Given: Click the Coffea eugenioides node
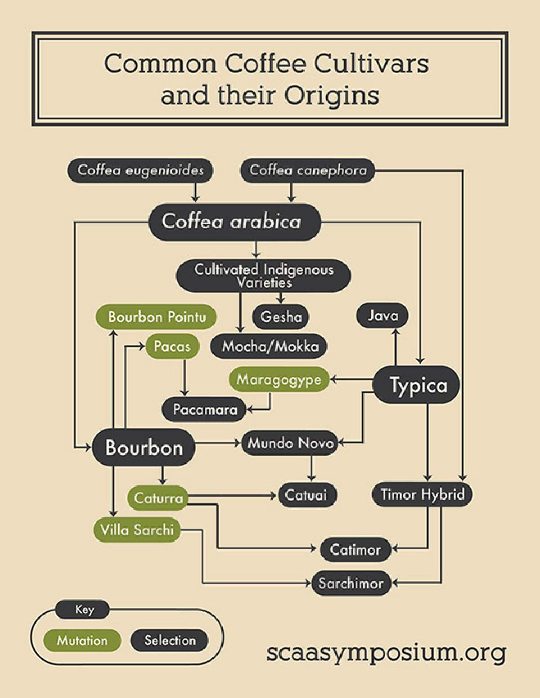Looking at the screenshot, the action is [140, 170].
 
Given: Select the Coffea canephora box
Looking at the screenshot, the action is [308, 170].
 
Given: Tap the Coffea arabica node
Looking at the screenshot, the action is [235, 222].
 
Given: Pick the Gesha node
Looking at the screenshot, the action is [281, 317].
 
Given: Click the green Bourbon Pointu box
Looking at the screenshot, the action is [156, 317].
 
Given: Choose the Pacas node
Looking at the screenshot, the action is [172, 347].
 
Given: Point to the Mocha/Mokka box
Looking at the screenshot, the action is [269, 347].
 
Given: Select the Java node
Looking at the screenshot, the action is [383, 316].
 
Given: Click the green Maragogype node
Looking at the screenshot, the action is [279, 379].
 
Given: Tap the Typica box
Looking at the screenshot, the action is [417, 384].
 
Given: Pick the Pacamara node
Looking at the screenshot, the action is [204, 409].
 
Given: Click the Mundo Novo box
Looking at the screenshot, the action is [289, 443].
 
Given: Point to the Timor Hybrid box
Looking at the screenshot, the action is [423, 494].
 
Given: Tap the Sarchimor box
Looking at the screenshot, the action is [351, 583].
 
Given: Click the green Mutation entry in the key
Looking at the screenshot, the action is [82, 640].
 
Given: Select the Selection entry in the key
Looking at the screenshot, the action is [170, 640].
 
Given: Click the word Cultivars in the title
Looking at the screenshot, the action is [371, 64].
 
